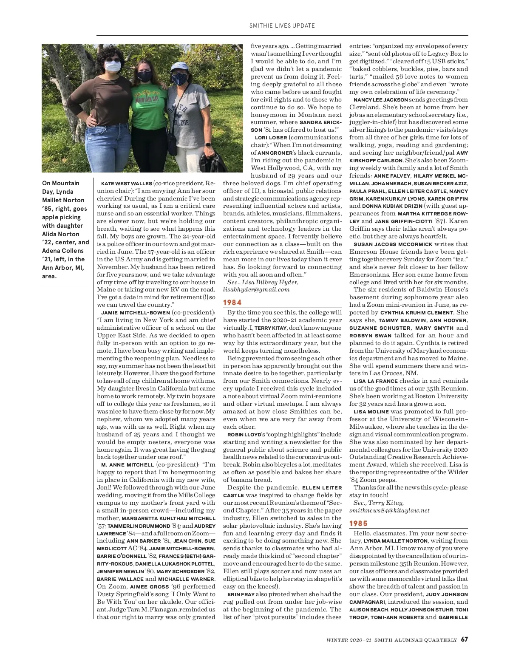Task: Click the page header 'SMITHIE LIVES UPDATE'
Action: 282,25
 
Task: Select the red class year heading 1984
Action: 232,303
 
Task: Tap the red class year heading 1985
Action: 358,523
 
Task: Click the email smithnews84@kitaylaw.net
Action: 389,510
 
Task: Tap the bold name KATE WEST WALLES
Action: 126,183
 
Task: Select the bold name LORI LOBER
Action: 271,137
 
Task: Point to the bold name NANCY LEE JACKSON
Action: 374,99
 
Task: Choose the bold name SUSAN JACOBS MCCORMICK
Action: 393,244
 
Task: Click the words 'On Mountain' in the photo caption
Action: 60,183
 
